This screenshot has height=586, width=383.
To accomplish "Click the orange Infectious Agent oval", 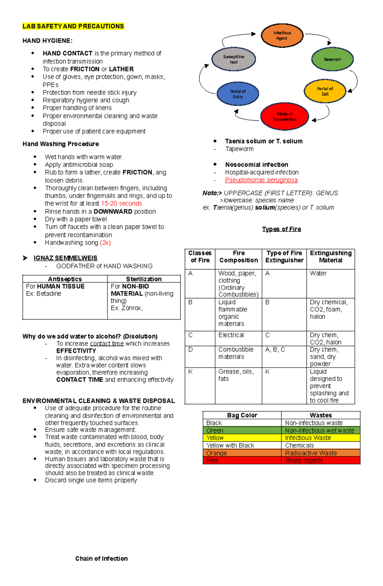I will tap(282, 35).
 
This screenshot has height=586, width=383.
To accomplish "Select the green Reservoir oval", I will tap(332, 59).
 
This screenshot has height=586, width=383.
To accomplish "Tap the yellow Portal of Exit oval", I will tap(325, 91).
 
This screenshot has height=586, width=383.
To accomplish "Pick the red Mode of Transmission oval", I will tap(284, 117).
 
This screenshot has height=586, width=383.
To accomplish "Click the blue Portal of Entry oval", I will tap(238, 94).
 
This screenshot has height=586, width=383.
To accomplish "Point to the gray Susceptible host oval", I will tap(234, 59).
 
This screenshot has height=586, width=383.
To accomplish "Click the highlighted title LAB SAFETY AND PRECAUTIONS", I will tap(73, 26).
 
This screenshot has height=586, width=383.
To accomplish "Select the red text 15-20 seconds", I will tap(121, 203).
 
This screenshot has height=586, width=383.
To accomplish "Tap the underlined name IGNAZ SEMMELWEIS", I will tap(65, 258).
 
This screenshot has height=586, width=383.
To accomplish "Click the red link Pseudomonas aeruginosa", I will tap(261, 180).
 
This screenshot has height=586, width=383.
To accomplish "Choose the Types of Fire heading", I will tap(281, 229).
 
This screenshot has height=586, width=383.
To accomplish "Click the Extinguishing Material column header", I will tap(330, 257).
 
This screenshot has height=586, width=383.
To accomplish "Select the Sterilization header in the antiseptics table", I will tap(144, 279).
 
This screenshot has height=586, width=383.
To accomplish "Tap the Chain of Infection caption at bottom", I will tap(101, 559).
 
